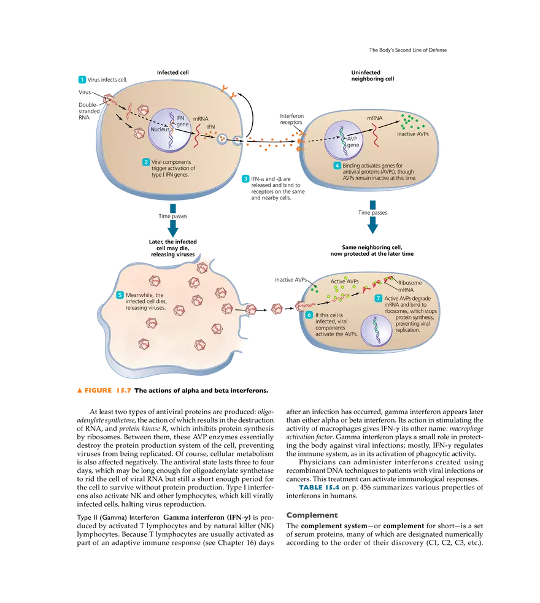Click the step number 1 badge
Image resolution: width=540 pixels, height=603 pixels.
(81, 79)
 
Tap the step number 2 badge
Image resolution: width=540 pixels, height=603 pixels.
(145, 162)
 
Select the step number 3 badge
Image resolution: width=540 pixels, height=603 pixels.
(245, 179)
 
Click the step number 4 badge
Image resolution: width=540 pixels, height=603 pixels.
(337, 166)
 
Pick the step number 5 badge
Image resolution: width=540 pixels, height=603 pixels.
(120, 295)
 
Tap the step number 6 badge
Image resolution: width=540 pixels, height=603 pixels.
(309, 315)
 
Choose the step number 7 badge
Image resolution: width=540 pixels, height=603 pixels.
(378, 298)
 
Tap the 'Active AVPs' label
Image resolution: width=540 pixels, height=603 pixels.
(344, 282)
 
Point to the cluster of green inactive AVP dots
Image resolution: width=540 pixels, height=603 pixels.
(411, 121)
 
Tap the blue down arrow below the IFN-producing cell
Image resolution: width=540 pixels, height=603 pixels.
(174, 220)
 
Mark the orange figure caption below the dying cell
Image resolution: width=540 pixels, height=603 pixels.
(102, 390)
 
